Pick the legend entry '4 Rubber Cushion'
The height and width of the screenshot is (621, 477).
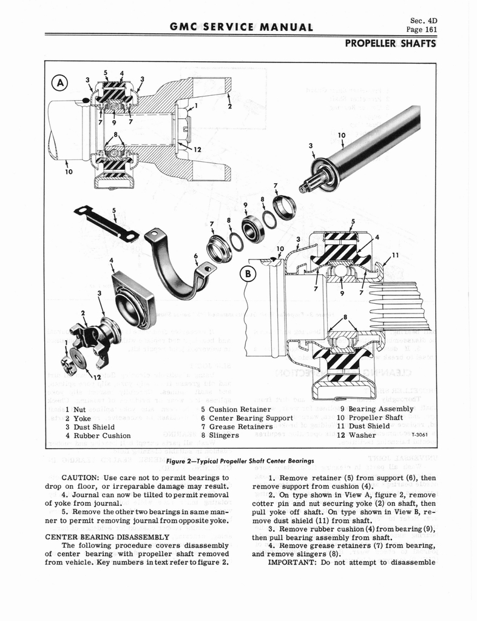[x=98, y=435]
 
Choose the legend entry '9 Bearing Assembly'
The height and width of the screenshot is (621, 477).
[x=376, y=408]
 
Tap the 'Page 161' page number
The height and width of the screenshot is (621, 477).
[x=422, y=29]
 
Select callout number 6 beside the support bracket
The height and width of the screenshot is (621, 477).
[x=195, y=256]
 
